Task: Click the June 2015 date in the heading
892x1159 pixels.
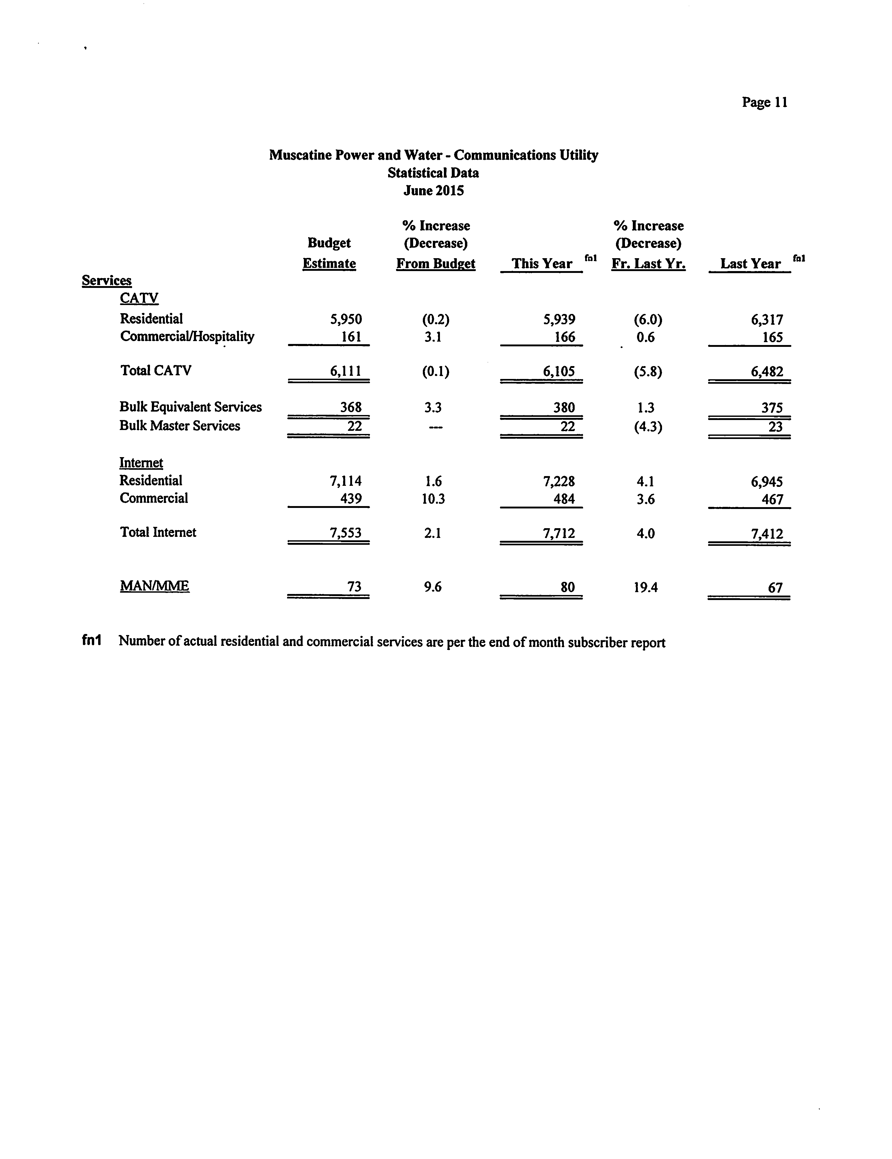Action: tap(434, 191)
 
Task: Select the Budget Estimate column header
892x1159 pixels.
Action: tap(329, 253)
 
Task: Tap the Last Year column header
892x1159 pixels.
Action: tap(750, 264)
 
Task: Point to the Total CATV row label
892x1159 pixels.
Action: tap(156, 371)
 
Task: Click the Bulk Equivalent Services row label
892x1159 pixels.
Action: tap(191, 407)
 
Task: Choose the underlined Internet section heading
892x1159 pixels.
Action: tap(141, 463)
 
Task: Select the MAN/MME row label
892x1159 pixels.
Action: tap(154, 586)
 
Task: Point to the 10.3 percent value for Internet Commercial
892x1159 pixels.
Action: tap(433, 499)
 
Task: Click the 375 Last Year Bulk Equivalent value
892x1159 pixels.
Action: tap(772, 408)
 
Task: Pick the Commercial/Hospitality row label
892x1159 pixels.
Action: tap(187, 336)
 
